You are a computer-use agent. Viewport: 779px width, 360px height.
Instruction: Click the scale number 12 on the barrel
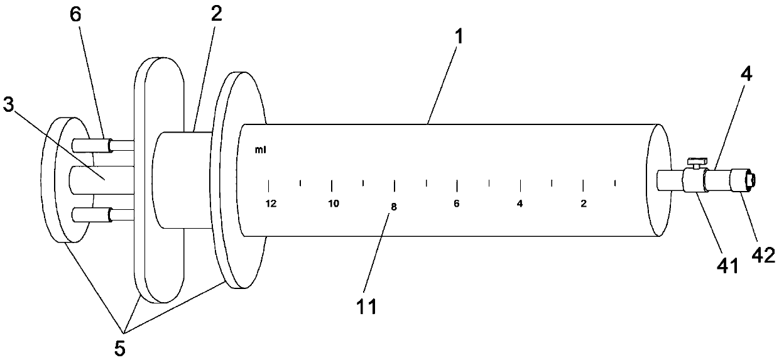click(x=271, y=204)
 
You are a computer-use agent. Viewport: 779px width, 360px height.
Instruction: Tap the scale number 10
click(x=334, y=204)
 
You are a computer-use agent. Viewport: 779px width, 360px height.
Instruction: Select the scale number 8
click(x=394, y=207)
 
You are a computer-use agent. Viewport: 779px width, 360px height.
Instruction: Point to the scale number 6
click(x=457, y=204)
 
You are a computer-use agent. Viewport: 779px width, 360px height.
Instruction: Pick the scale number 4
click(x=520, y=204)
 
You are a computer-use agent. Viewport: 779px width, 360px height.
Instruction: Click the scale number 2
click(x=584, y=204)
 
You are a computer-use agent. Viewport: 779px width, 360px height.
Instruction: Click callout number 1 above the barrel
click(x=460, y=36)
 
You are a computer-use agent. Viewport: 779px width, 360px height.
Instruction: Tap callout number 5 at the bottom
click(x=119, y=346)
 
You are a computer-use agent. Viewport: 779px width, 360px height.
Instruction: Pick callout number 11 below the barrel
click(x=366, y=307)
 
